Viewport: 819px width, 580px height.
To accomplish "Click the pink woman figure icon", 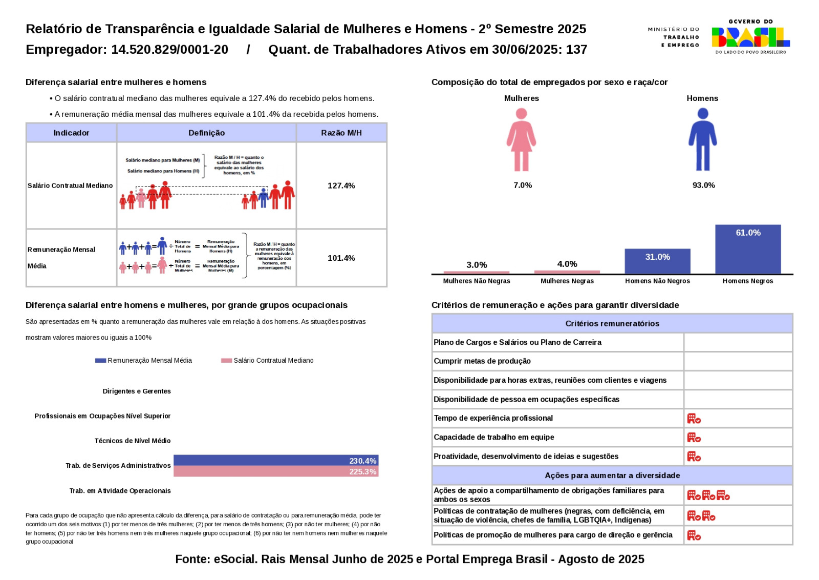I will (x=521, y=140).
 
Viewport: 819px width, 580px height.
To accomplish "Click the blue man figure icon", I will (x=702, y=140).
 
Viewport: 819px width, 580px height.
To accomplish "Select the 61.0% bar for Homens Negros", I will (x=748, y=249).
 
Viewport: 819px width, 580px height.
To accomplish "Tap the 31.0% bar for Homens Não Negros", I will (x=657, y=261).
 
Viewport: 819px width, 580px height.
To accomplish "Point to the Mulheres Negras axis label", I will (x=567, y=281).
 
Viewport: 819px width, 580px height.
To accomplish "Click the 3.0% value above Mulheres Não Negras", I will (x=477, y=265).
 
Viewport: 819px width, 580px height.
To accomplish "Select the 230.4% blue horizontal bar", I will (x=275, y=461).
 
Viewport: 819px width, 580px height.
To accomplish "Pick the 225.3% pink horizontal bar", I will (x=275, y=471).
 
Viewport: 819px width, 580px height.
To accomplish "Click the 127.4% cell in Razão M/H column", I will (x=341, y=185).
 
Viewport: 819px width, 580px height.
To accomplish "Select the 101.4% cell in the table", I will (x=341, y=258).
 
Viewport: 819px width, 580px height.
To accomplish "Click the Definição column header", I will (x=206, y=133).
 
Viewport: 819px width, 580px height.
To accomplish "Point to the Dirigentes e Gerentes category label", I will (x=136, y=391).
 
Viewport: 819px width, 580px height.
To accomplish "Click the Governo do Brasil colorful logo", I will (x=750, y=37).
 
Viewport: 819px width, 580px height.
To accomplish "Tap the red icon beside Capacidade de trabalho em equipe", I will (x=694, y=438).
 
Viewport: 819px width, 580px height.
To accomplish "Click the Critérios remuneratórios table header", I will (x=612, y=323).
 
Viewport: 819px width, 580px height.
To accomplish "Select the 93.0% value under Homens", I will (x=703, y=185).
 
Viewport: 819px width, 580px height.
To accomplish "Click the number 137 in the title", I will (x=576, y=50).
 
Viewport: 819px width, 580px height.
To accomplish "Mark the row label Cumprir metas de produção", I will (x=482, y=361).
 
